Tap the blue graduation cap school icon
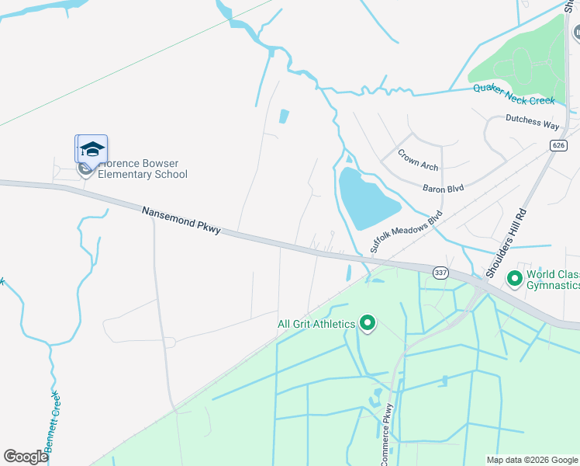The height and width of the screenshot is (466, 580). pyautogui.click(x=91, y=149)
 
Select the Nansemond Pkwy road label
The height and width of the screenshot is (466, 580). pyautogui.click(x=181, y=221)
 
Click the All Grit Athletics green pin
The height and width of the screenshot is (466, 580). pyautogui.click(x=368, y=323)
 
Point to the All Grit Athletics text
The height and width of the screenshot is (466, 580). pyautogui.click(x=316, y=324)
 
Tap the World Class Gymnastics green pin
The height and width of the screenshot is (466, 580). pyautogui.click(x=513, y=278)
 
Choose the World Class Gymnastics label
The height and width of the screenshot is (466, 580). pyautogui.click(x=552, y=280)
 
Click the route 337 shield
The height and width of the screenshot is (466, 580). pyautogui.click(x=441, y=272)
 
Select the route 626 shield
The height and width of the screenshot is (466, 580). pyautogui.click(x=559, y=145)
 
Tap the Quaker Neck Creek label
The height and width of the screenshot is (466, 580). pyautogui.click(x=514, y=94)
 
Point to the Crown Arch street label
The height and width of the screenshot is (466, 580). pyautogui.click(x=418, y=160)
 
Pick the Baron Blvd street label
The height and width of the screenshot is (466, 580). pyautogui.click(x=443, y=188)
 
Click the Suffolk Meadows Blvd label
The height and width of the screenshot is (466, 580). pyautogui.click(x=406, y=231)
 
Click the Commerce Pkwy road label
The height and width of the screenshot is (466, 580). pyautogui.click(x=386, y=435)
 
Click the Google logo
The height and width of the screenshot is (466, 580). pyautogui.click(x=26, y=457)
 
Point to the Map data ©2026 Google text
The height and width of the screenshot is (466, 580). pyautogui.click(x=531, y=460)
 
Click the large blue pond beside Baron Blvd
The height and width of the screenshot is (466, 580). pyautogui.click(x=367, y=199)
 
